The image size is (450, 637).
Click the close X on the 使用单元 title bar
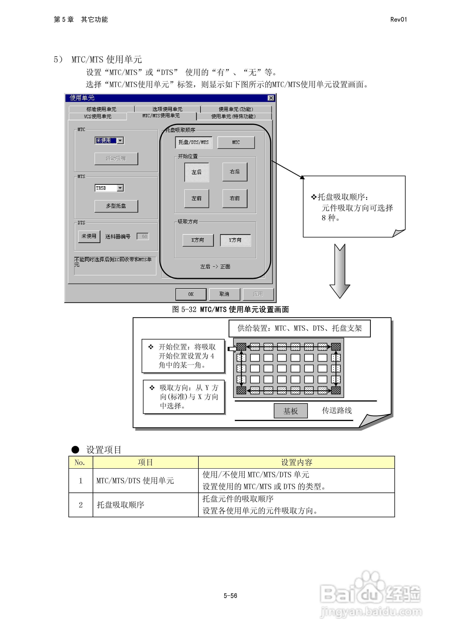[271, 98]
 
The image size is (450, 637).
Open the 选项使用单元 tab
[167, 109]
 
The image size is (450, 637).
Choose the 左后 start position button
[196, 172]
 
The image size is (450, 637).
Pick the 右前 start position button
[235, 198]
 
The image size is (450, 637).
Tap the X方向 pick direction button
[198, 240]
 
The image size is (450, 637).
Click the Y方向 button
[235, 240]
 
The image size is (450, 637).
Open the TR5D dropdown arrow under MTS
[120, 188]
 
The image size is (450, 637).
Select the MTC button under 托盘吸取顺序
[236, 142]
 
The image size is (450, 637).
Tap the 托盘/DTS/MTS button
[194, 142]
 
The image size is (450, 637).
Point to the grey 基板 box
[290, 411]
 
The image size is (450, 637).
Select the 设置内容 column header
[296, 462]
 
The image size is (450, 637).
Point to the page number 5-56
[230, 596]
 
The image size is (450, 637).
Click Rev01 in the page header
[398, 19]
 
